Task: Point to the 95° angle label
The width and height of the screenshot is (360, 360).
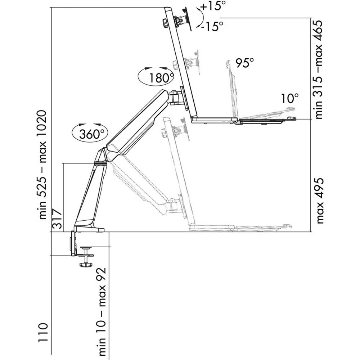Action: coord(245,63)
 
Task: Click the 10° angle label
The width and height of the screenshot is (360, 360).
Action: coord(290,98)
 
